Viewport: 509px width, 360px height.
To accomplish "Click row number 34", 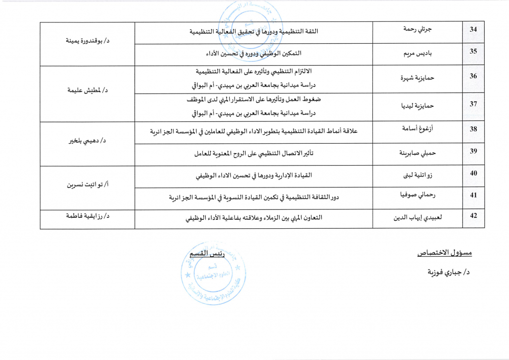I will pyautogui.click(x=473, y=29).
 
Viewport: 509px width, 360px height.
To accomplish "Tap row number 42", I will pyautogui.click(x=473, y=215).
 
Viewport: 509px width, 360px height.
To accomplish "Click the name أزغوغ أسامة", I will pyautogui.click(x=418, y=129).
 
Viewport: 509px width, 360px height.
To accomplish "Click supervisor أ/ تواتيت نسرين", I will pyautogui.click(x=87, y=184).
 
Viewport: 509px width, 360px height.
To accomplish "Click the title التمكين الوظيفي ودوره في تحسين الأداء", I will pyautogui.click(x=254, y=53).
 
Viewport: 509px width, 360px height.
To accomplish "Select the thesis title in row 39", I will pyautogui.click(x=254, y=154).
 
